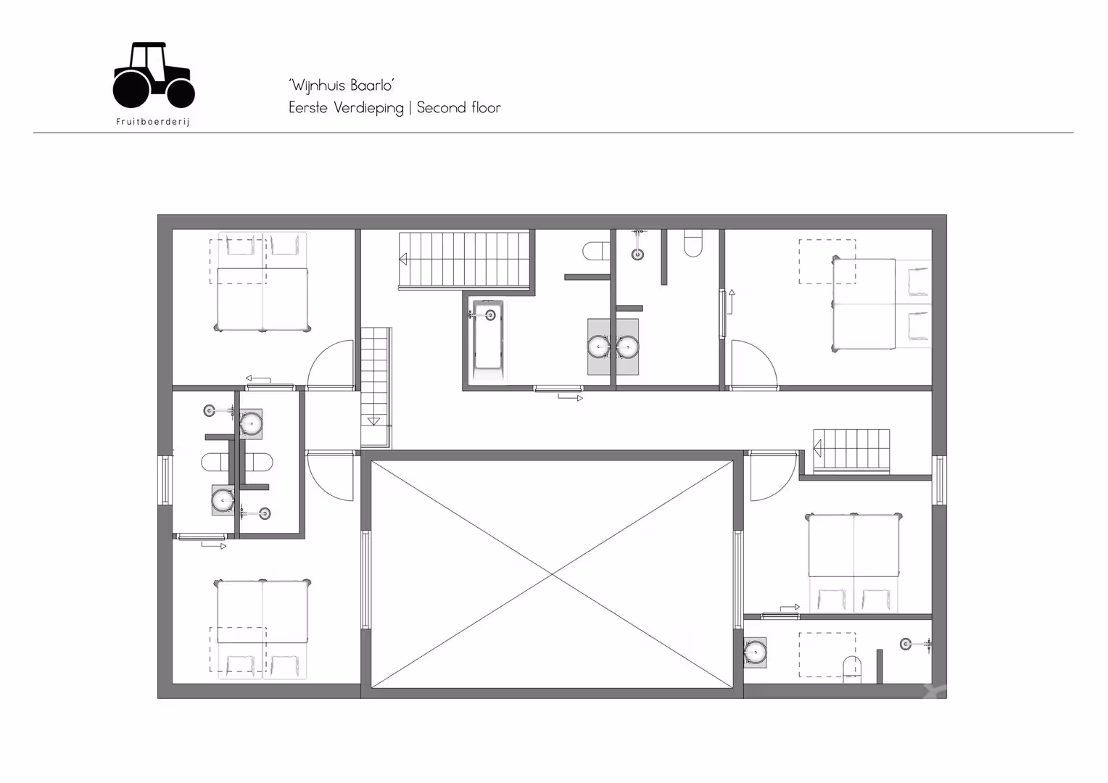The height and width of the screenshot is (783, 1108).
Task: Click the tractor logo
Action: click(153, 75)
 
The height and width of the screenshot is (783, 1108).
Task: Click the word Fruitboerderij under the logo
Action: click(153, 122)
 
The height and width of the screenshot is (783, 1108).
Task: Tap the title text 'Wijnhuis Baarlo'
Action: click(342, 85)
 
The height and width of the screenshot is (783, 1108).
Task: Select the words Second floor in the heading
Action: click(458, 107)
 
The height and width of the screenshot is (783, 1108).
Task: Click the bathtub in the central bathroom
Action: click(488, 341)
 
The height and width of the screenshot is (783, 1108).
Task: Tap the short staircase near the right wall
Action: click(851, 450)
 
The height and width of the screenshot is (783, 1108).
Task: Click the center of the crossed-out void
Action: click(552, 574)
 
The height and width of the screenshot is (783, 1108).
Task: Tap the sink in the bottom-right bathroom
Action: click(756, 652)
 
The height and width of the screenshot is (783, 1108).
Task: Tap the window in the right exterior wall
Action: click(939, 480)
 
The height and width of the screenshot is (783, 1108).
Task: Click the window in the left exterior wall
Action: click(165, 480)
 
